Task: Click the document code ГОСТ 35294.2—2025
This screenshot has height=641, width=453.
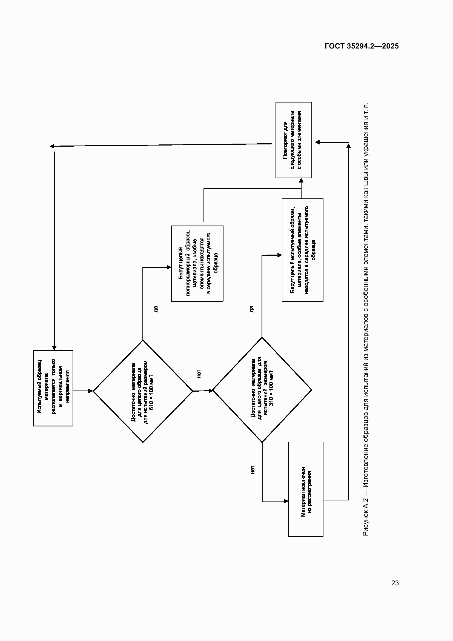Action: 362,46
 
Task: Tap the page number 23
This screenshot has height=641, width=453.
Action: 395,583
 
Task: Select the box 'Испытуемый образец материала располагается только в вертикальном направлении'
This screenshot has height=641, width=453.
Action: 53,388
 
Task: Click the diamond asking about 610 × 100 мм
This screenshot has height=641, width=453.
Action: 143,391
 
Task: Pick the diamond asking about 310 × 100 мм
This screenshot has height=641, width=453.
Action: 262,390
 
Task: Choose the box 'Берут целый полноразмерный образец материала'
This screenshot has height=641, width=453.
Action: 197,264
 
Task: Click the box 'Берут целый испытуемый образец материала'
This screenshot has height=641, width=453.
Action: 303,250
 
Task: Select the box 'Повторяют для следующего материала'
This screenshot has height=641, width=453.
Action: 294,140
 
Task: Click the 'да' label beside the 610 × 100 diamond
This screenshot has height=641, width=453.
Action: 156,309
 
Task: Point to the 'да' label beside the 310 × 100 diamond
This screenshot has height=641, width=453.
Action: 251,309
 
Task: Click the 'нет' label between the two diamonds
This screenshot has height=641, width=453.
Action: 199,374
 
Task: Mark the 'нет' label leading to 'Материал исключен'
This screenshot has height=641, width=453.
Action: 253,470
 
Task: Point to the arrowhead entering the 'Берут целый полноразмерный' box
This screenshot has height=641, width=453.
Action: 169,267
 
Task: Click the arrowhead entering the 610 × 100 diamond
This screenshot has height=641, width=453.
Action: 91,391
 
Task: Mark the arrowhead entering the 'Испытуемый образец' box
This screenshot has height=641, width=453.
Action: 54,348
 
